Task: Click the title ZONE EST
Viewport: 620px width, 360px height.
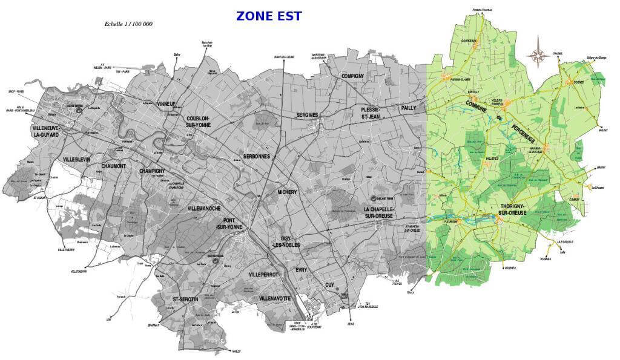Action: (269, 16)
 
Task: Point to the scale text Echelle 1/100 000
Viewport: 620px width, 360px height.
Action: (128, 25)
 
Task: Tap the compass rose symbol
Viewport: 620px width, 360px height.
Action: (538, 56)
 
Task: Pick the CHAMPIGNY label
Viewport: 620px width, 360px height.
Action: (153, 171)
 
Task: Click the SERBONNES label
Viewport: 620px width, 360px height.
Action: (256, 156)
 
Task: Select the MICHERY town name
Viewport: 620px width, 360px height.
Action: (287, 192)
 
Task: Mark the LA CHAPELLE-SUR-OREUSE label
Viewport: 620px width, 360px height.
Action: (379, 212)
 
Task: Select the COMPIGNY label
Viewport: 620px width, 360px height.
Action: (352, 76)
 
